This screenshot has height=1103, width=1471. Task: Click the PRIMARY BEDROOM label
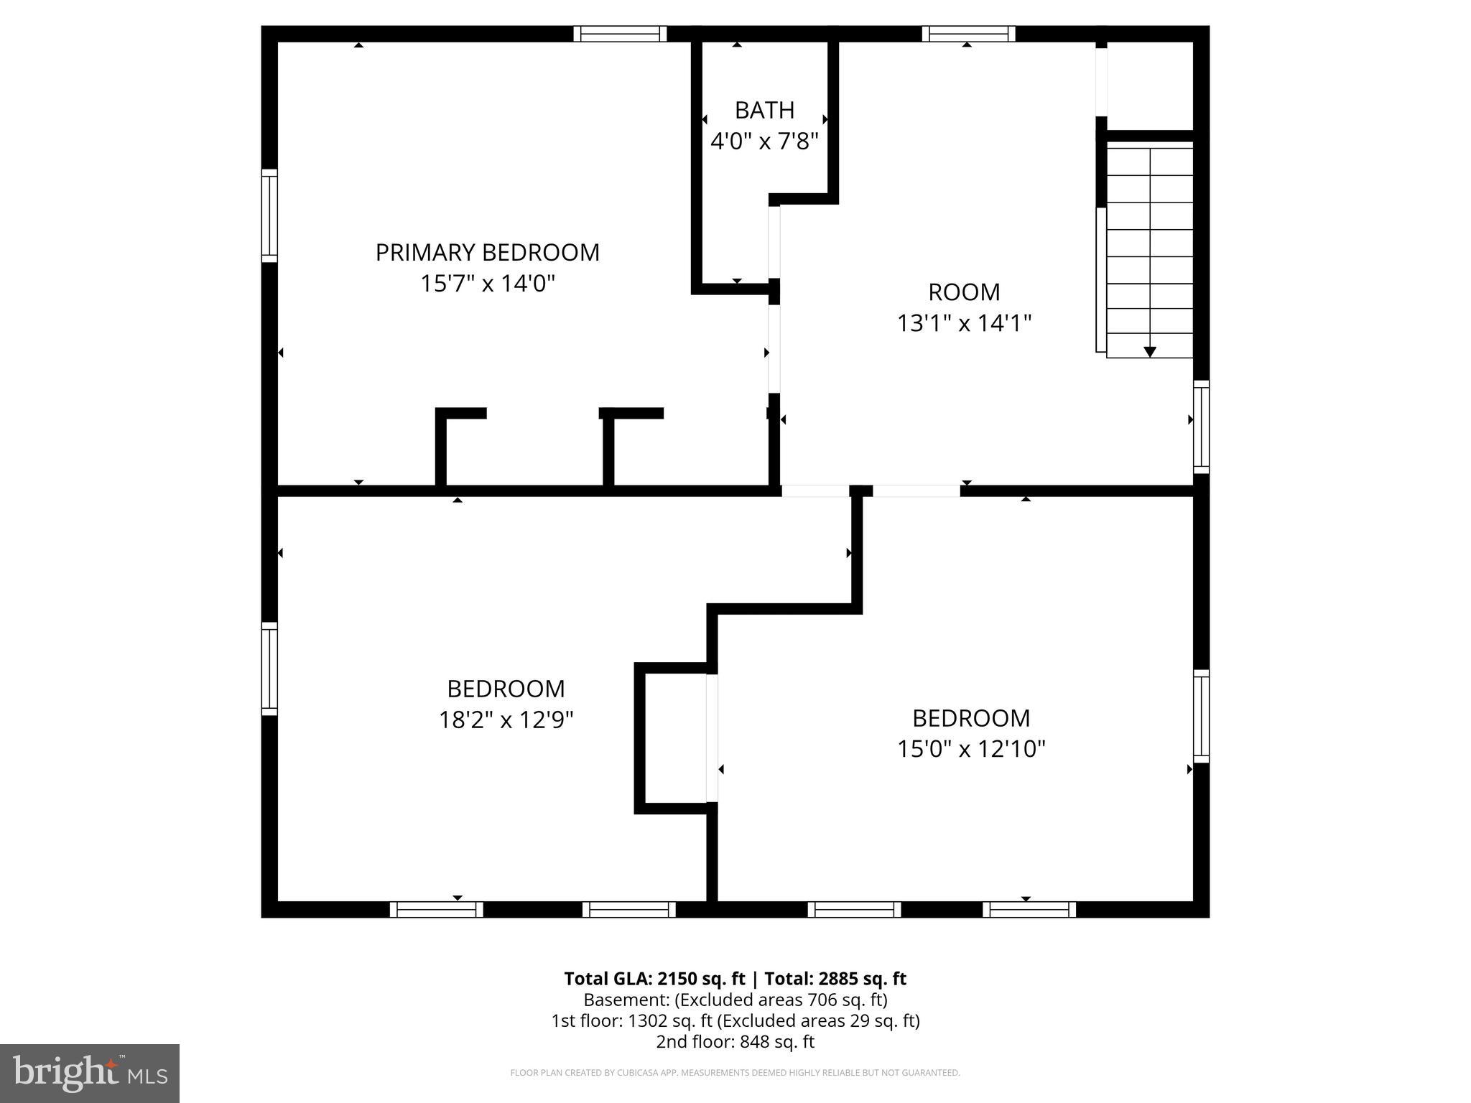pos(487,253)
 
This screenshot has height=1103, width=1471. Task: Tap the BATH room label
pos(764,111)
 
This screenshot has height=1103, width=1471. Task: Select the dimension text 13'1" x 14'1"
pos(964,323)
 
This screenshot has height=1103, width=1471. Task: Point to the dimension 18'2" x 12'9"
pos(506,720)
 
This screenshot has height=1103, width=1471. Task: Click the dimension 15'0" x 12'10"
pos(970,749)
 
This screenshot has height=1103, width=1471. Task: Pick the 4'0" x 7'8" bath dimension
pos(764,141)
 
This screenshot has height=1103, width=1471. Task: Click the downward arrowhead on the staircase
pos(1149,351)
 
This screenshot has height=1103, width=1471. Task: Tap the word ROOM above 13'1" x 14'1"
pos(964,292)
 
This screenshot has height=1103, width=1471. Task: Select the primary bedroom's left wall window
pos(269,216)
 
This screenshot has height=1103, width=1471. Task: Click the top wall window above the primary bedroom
pos(620,34)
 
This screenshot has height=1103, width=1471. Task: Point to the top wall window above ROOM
pos(968,34)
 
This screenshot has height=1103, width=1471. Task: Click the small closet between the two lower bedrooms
pos(675,737)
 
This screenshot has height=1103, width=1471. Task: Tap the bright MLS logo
pos(90,1073)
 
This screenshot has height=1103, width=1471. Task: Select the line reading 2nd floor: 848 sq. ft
pos(735,1042)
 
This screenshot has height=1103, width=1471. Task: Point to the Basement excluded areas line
pos(735,1000)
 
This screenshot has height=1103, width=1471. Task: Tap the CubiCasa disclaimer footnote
pos(735,1073)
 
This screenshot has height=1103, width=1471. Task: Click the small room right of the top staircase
pos(1149,86)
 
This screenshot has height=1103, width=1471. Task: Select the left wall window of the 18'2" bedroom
pos(269,669)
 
